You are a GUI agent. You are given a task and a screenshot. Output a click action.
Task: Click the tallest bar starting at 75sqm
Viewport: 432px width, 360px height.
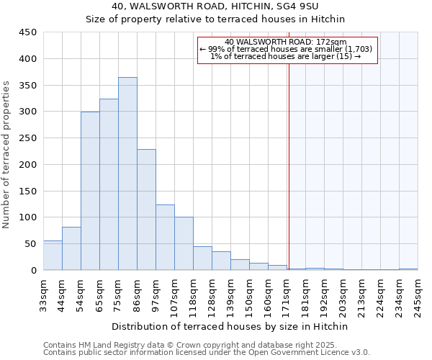point(127,174)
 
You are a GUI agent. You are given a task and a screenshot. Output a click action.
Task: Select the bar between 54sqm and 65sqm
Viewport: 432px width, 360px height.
point(90,191)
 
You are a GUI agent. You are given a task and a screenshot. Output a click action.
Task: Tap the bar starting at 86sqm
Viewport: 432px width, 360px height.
point(146,210)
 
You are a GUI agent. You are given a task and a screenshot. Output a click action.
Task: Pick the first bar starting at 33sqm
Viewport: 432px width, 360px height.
point(53,256)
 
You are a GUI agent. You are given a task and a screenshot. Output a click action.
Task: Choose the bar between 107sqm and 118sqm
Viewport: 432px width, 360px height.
point(184,243)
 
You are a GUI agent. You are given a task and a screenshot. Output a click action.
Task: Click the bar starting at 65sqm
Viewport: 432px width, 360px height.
point(109,184)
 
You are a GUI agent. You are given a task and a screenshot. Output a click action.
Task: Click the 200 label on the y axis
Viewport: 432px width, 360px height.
point(27,165)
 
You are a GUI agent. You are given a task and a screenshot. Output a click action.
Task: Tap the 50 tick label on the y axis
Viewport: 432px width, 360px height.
point(30,244)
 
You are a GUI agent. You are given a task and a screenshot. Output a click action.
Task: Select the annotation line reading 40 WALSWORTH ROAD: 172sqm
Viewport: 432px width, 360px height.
point(287,42)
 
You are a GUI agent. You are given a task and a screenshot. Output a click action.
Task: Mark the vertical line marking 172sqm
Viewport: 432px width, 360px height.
point(289,166)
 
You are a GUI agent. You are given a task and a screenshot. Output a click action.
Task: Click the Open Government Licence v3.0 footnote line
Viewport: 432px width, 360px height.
point(207,353)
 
